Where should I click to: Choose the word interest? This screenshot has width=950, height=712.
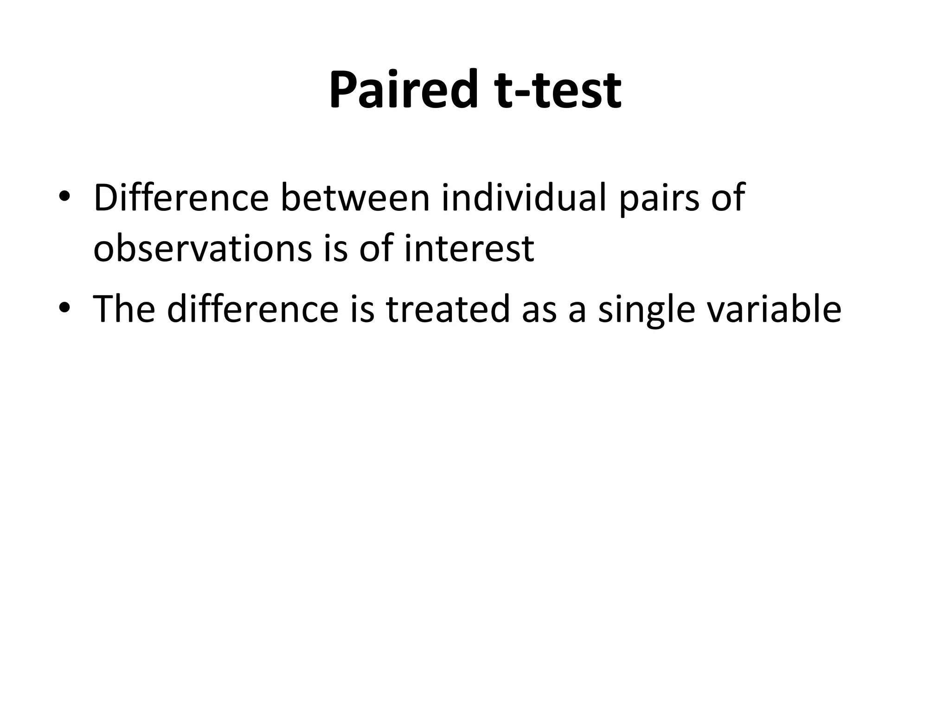tap(469, 248)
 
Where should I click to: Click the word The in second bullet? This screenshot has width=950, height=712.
tap(123, 309)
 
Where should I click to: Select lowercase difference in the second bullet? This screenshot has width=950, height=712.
tap(252, 309)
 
